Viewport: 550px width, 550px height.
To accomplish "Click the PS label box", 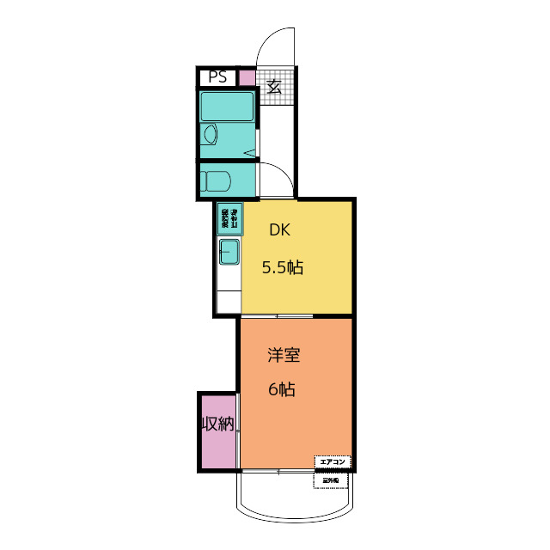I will tap(217, 77).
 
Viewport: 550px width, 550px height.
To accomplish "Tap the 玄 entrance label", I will tap(275, 86).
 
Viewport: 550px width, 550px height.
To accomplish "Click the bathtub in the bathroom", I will tap(228, 107).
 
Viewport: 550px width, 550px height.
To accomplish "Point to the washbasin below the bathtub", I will tap(210, 135).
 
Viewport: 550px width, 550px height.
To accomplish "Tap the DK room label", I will tap(280, 229).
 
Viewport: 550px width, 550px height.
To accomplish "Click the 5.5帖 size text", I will tap(283, 267).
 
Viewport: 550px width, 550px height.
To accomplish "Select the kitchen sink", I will tap(229, 253).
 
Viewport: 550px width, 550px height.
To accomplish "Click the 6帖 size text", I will tap(281, 389).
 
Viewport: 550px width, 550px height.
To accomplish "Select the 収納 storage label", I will tap(217, 424).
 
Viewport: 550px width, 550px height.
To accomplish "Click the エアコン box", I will tap(333, 461).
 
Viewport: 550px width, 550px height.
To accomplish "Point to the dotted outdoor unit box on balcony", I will tap(332, 481).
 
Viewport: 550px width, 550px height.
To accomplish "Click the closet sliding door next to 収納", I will tap(239, 425).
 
